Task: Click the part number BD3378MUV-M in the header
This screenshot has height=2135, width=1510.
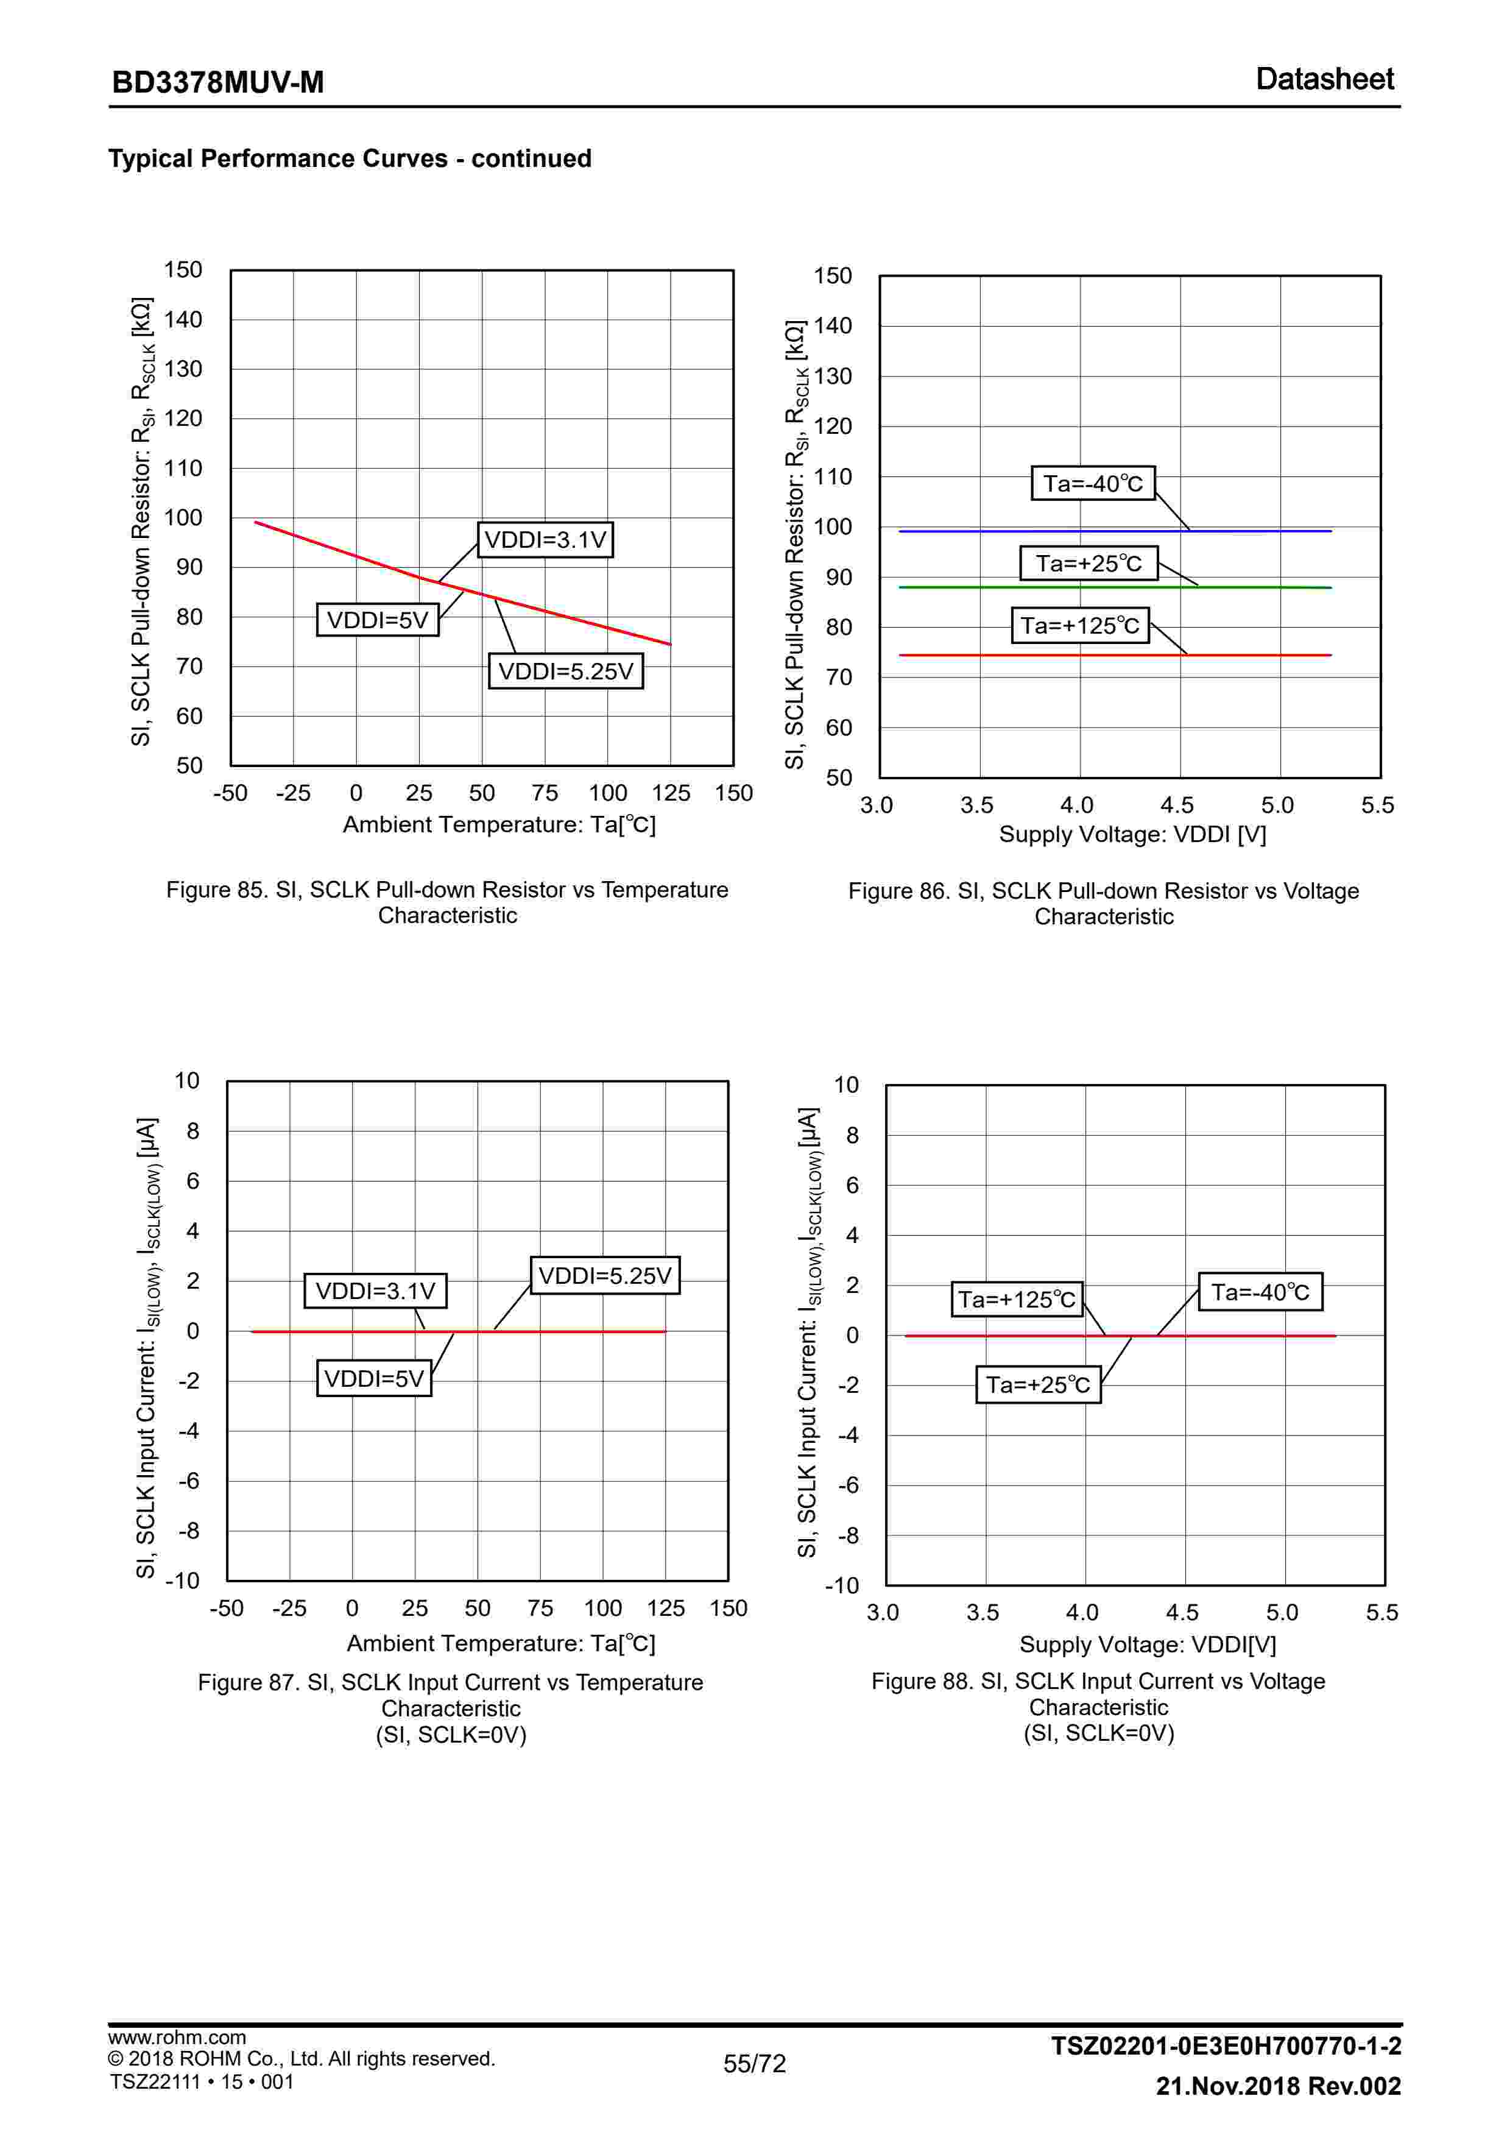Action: [x=217, y=83]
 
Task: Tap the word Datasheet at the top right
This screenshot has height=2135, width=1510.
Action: [x=1324, y=80]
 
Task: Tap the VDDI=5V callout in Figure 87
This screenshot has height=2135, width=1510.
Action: [x=374, y=1378]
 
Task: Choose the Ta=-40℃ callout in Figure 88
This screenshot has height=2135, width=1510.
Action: [x=1259, y=1292]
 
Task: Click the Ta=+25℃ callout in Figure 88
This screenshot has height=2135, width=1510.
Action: [x=1038, y=1384]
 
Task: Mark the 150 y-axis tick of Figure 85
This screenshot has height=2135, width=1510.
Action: [x=183, y=271]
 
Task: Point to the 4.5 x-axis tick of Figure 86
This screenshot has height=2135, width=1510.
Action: [x=1177, y=805]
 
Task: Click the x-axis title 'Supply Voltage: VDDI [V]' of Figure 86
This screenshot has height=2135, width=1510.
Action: [x=1132, y=835]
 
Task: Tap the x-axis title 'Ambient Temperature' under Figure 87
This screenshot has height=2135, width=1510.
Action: [x=500, y=1643]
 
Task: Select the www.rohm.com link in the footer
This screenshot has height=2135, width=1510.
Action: [x=177, y=2038]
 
